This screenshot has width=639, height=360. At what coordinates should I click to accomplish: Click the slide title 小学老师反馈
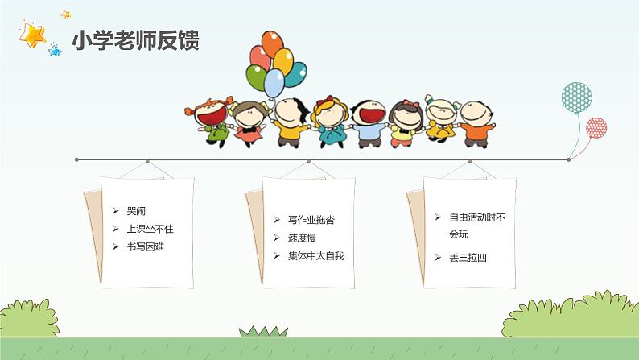coord(136,41)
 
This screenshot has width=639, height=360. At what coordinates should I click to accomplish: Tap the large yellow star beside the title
coord(33,36)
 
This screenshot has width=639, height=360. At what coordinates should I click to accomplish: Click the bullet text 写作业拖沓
coord(310,220)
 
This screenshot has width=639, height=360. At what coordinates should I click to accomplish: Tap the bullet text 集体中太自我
coord(315,255)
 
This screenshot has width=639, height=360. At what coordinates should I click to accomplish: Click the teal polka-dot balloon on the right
coord(576,99)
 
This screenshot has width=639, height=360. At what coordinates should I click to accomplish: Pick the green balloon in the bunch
coord(257,78)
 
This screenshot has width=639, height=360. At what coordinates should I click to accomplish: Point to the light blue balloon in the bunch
coord(275,82)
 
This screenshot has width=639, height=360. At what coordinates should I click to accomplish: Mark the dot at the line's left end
coord(76,159)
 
